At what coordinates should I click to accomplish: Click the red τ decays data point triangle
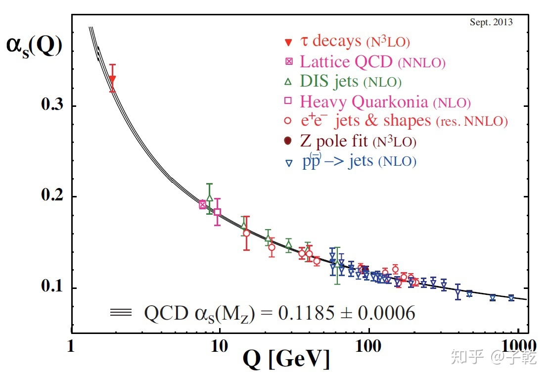click(113, 79)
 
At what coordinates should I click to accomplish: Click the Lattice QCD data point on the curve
click(203, 204)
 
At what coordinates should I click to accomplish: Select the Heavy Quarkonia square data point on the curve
click(217, 212)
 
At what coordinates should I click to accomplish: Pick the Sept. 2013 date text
click(491, 22)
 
